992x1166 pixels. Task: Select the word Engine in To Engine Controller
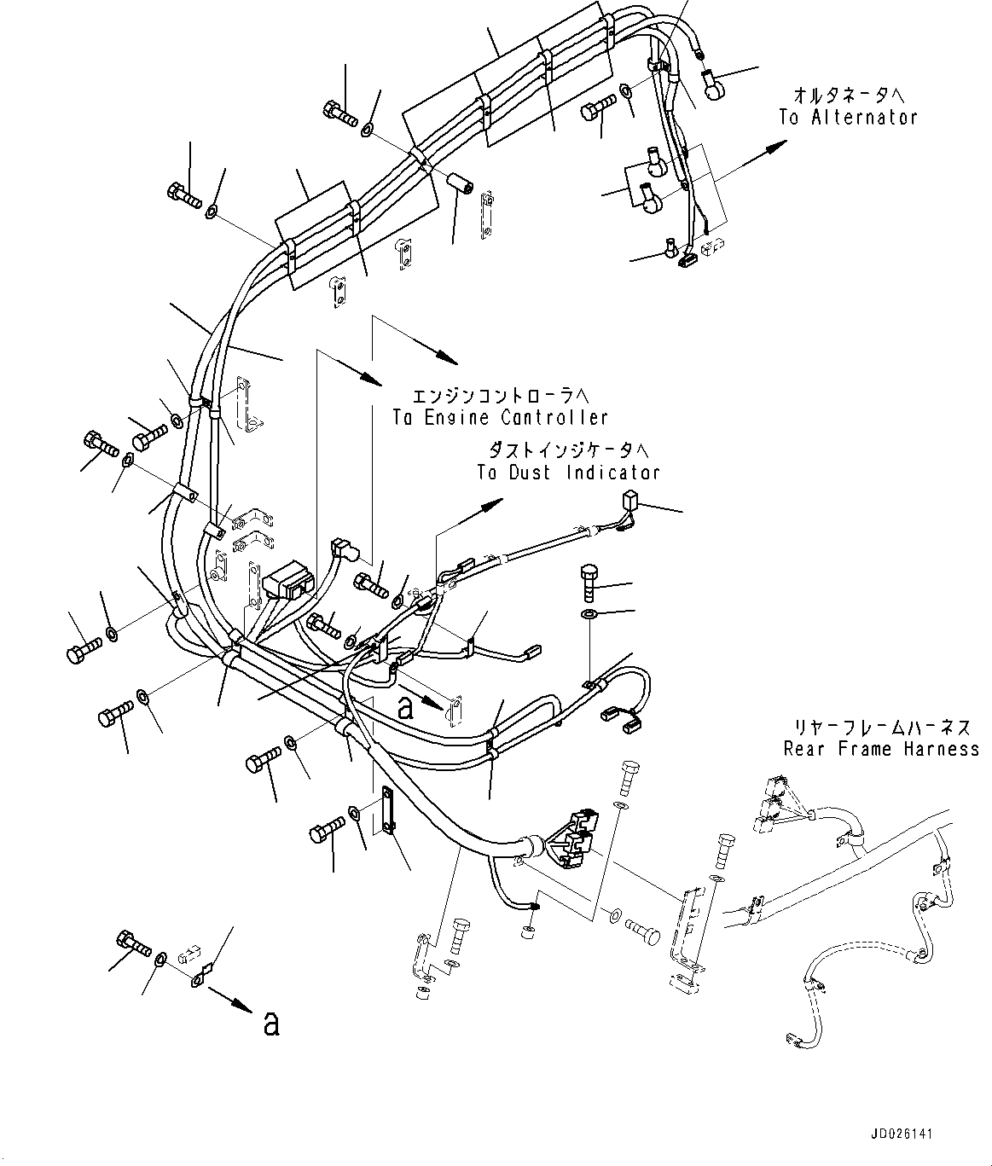(455, 417)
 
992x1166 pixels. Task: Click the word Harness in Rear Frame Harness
(942, 749)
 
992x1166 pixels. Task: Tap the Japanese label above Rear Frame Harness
(881, 728)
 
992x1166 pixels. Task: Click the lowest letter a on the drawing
(271, 1024)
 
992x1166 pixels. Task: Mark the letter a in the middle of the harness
(406, 707)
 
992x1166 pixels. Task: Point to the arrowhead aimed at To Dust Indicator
(490, 505)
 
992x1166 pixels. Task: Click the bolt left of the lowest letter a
(132, 943)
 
